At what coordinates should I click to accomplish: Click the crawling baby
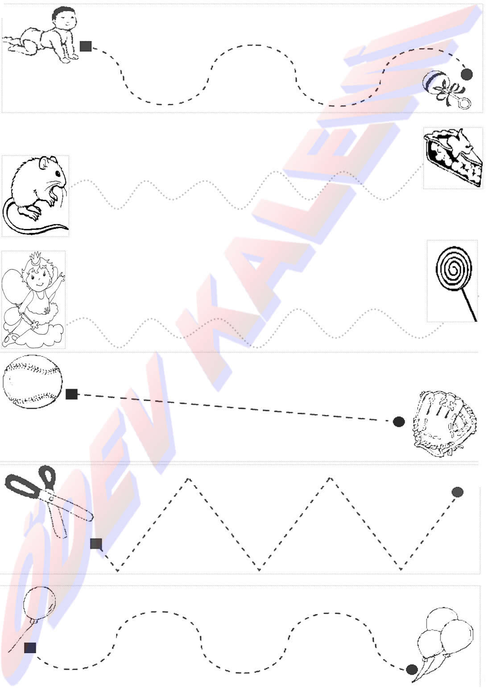(x=43, y=35)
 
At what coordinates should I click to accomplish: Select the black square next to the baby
(x=86, y=46)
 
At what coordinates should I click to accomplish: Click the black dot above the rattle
(x=467, y=74)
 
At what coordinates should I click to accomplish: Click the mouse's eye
(x=58, y=174)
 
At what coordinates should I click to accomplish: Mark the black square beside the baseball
(x=71, y=394)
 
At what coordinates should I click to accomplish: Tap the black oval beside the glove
(x=399, y=422)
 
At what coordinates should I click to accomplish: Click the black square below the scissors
(x=96, y=544)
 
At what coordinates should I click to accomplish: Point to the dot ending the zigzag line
(x=458, y=492)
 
